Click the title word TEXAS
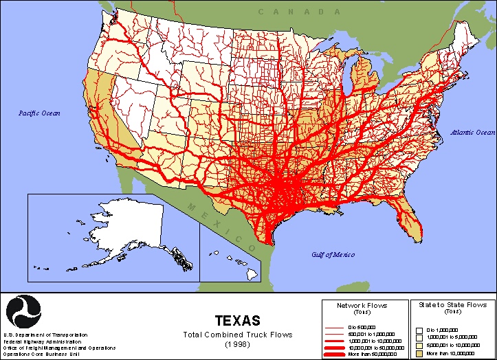(238, 321)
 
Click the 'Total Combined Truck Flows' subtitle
(238, 335)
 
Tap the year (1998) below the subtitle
(238, 343)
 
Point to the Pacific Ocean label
(40, 113)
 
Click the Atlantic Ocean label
(472, 132)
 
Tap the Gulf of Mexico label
(332, 254)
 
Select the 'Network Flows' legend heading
(362, 304)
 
